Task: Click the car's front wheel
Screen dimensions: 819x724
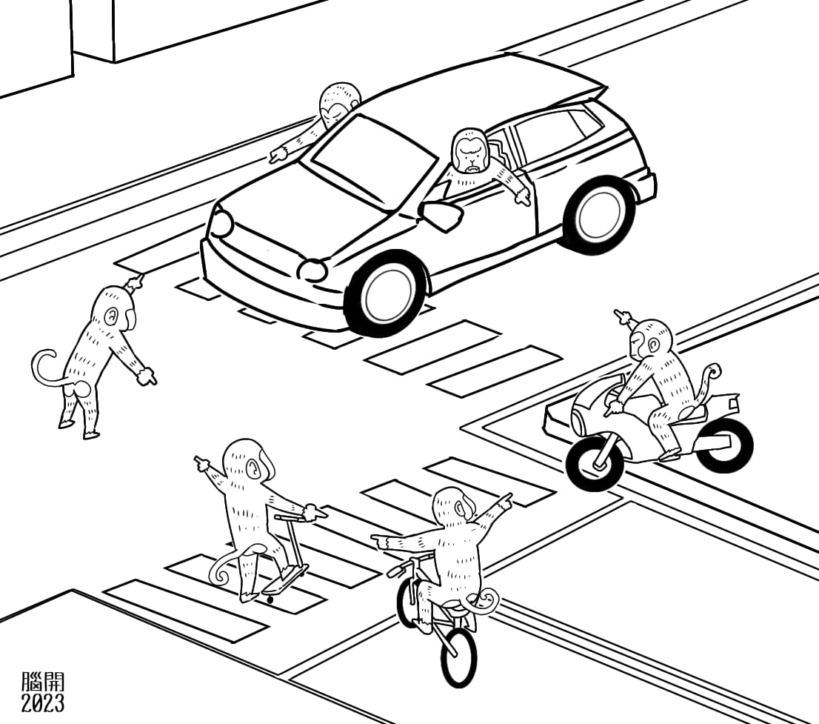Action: click(387, 293)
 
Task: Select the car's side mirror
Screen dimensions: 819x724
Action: click(443, 214)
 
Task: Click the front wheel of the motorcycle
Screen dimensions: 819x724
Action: click(595, 463)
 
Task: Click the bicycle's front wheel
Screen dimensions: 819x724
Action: click(460, 656)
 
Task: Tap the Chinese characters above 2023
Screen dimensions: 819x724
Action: click(43, 682)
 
